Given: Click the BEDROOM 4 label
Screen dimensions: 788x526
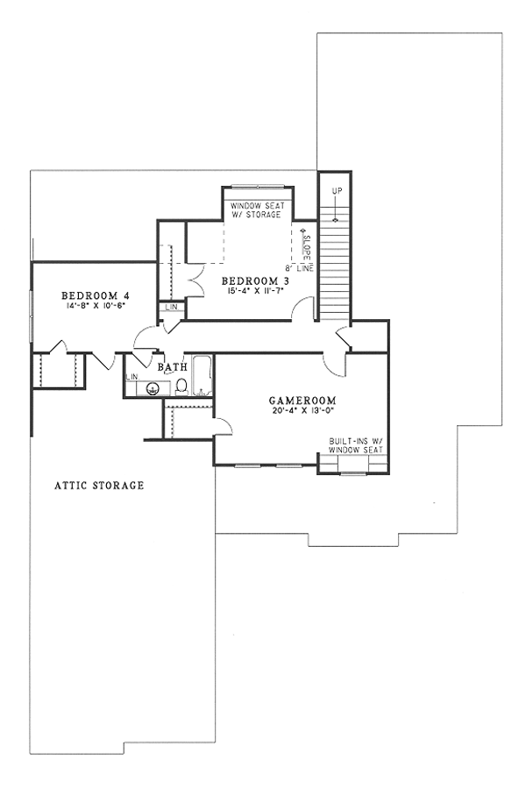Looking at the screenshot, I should point(96,295).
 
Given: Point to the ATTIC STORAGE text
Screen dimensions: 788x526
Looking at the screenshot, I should point(99,485).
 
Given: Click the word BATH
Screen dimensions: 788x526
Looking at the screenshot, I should point(173,367).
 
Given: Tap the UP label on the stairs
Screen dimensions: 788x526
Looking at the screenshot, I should point(336,191).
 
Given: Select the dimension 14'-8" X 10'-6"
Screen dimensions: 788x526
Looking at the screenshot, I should point(96,305).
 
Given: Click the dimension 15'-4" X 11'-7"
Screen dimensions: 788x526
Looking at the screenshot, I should point(256,290).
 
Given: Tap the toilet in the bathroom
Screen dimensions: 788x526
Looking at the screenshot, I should point(181,386).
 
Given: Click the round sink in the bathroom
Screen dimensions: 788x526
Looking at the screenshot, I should point(155,388).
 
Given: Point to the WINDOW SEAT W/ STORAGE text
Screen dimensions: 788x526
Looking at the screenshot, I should point(256,210).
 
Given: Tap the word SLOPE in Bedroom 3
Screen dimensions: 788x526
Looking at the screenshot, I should point(307,245).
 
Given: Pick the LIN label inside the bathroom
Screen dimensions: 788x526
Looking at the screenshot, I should point(132,377).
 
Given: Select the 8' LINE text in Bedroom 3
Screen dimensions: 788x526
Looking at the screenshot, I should point(297,267).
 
